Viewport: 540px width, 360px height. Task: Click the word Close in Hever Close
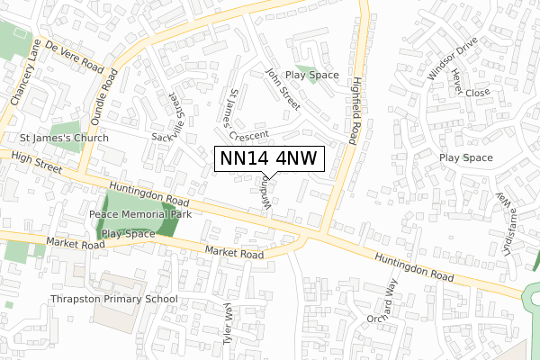pos(478,93)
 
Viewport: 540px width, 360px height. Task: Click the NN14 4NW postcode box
pos(267,158)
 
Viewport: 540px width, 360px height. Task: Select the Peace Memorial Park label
pos(140,216)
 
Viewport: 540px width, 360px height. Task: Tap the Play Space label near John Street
pos(312,75)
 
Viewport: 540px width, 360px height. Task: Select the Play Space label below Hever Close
pos(466,157)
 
